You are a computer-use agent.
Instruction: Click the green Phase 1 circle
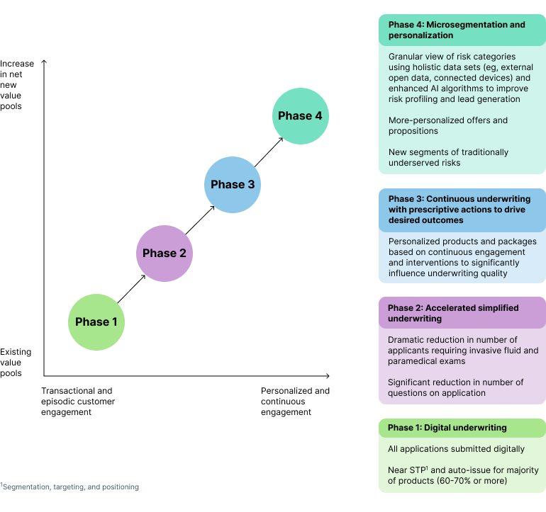click(96, 322)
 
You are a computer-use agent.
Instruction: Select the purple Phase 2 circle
click(165, 253)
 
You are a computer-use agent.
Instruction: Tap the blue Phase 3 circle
click(233, 184)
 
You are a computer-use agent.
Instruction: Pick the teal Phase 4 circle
click(301, 116)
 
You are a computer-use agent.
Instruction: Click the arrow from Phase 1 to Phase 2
click(130, 288)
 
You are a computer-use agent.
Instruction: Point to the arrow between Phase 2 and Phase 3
click(199, 219)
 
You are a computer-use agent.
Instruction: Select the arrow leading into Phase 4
click(267, 150)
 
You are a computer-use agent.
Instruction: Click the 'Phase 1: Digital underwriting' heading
click(447, 428)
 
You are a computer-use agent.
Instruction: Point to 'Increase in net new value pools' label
click(17, 85)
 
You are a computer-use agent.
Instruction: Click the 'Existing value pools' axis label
click(16, 363)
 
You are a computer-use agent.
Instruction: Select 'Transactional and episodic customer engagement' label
click(78, 402)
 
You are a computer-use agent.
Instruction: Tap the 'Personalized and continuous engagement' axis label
click(295, 402)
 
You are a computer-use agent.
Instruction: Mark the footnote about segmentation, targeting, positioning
click(69, 487)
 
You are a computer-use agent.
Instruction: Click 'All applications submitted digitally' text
click(456, 449)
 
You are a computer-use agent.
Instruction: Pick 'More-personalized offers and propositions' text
click(447, 125)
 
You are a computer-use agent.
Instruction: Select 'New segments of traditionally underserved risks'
click(448, 157)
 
